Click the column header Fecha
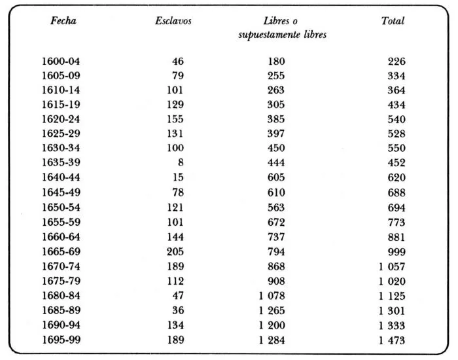63,21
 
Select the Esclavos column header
173,21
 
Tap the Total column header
393,21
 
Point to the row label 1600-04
61,62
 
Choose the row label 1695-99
61,339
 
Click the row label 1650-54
61,207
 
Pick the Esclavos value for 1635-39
180,164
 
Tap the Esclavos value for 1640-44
178,178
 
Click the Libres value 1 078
271,295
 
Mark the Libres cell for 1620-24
276,120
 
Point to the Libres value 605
276,178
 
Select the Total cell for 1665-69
396,251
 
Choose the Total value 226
396,62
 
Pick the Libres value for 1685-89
271,310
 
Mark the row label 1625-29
61,134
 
